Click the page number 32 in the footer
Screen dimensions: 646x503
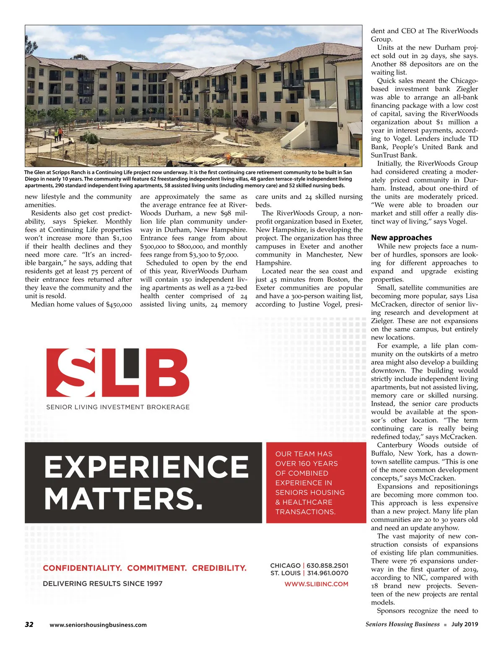tap(29, 624)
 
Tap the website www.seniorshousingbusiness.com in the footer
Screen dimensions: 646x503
tap(98, 625)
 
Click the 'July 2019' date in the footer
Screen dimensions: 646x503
tap(464, 624)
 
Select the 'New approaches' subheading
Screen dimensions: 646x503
tap(401, 237)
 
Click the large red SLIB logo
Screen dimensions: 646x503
tap(117, 372)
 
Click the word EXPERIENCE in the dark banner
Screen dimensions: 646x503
tap(146, 467)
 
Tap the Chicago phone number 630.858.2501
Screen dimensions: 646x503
tap(327, 566)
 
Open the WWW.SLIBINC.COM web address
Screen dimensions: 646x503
tap(316, 584)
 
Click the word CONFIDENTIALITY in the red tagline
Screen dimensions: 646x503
tap(82, 568)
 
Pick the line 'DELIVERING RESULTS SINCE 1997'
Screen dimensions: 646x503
tap(102, 584)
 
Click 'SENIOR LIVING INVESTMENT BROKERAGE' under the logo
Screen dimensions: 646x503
tap(118, 407)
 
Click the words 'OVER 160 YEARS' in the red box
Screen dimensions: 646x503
tap(306, 463)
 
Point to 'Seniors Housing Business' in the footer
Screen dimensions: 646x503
tap(402, 624)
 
